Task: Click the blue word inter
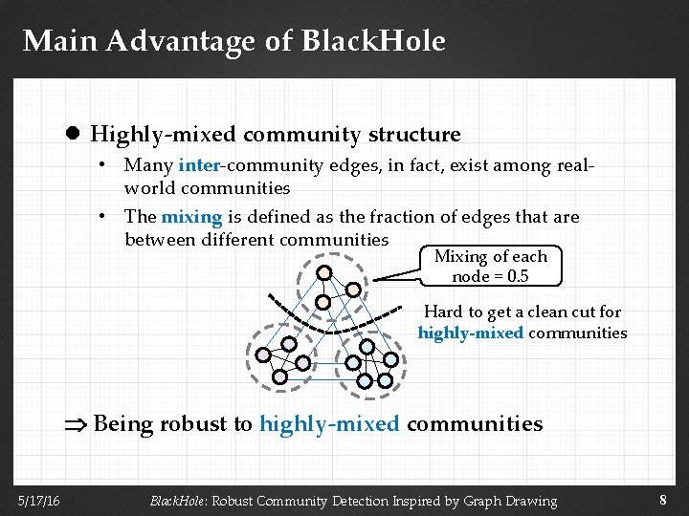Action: pos(199,165)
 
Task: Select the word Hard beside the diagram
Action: pos(443,312)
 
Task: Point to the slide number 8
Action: pos(663,499)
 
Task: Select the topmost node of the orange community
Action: pos(324,273)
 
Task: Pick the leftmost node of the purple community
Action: pos(263,354)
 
